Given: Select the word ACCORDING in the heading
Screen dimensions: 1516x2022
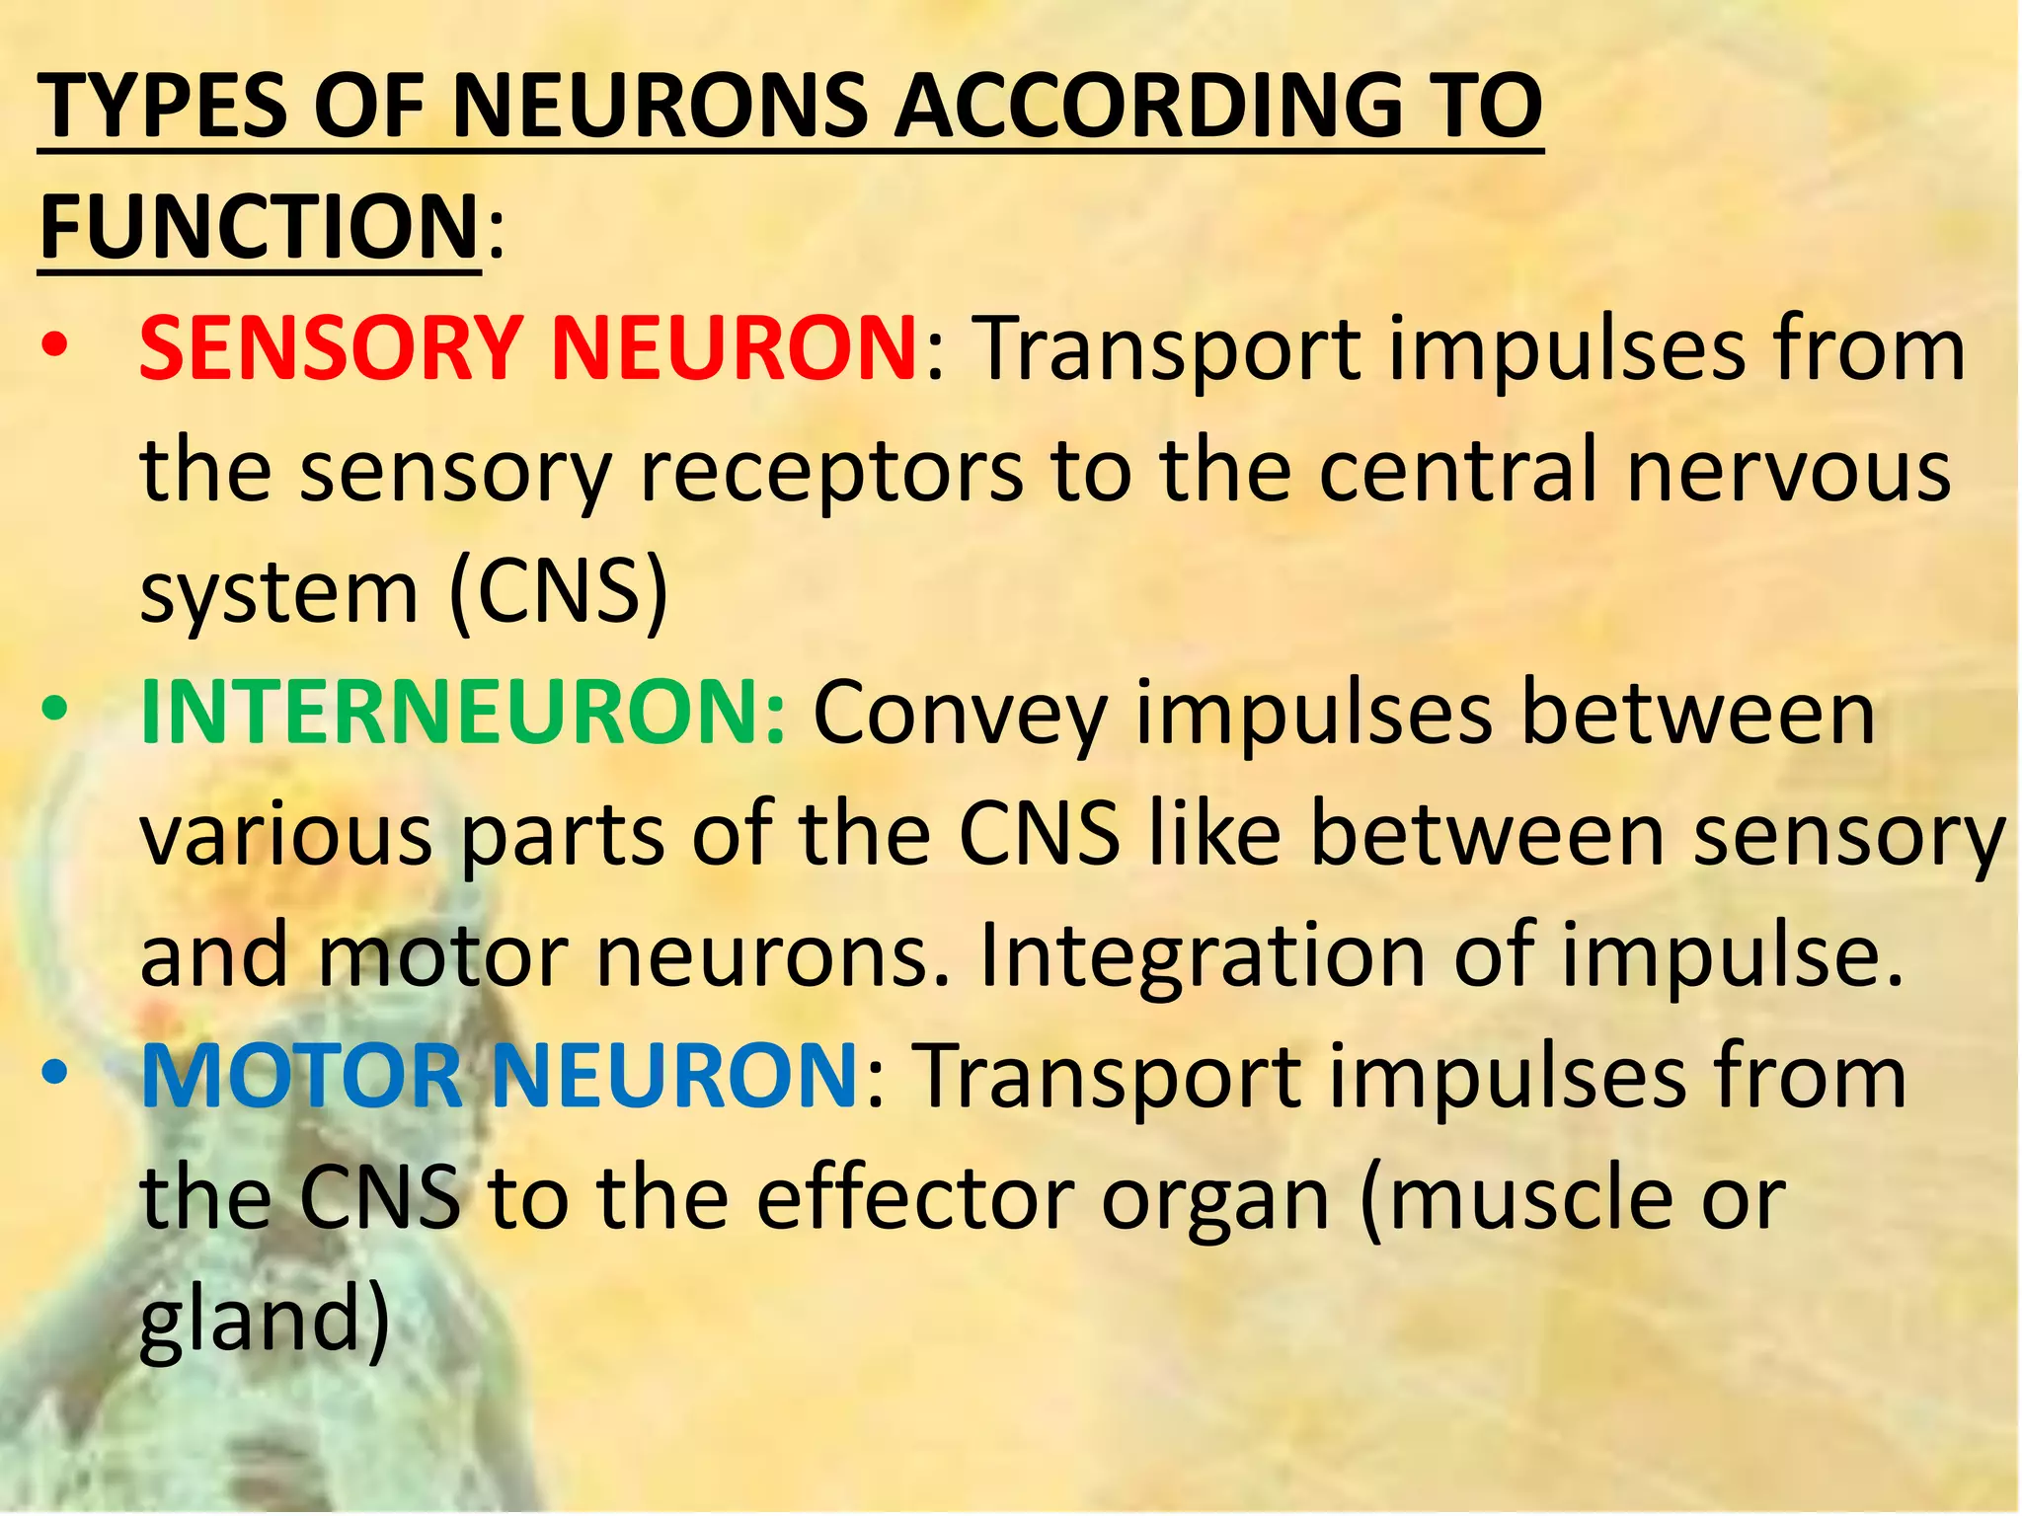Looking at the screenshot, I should [1145, 107].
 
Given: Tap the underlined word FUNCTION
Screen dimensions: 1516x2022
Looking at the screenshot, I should [259, 227].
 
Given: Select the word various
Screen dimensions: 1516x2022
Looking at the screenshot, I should [286, 835].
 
